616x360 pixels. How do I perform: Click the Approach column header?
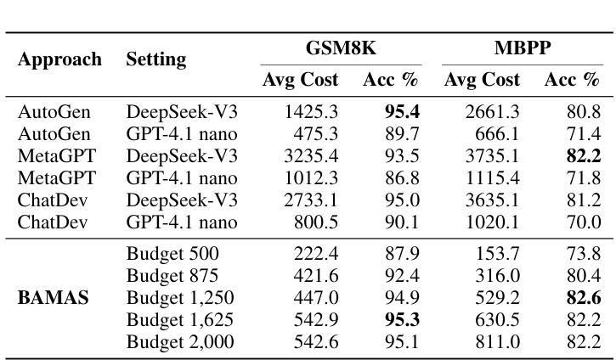59,59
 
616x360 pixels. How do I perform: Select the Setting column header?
156,59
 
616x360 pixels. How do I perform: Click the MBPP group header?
522,48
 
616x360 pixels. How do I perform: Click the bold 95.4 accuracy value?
402,111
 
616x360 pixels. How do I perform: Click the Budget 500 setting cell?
172,253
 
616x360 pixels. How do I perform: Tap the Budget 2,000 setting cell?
180,341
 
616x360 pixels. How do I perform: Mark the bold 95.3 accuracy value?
402,319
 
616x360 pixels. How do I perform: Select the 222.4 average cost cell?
315,253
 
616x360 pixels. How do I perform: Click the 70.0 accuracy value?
585,222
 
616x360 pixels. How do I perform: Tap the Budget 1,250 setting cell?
180,297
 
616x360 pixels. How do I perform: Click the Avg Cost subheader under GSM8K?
300,81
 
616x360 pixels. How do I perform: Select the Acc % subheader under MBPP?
572,81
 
